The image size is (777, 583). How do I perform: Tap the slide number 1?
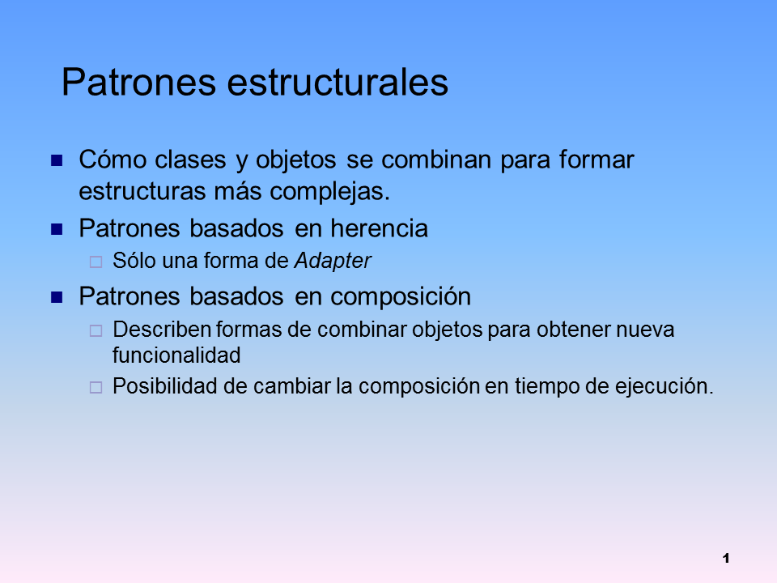tap(726, 558)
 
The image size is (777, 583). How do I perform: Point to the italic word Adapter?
tap(333, 261)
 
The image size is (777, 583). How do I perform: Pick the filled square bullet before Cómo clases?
tap(57, 160)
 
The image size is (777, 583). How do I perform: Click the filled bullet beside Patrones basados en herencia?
tap(57, 229)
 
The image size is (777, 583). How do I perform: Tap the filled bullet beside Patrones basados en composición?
tap(57, 297)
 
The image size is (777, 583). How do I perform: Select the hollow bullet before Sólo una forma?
tap(95, 262)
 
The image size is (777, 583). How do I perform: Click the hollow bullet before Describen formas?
tap(95, 330)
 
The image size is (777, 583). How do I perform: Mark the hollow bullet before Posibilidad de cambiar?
tap(95, 387)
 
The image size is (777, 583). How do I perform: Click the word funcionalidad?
tap(176, 355)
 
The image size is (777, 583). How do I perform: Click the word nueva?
tap(646, 330)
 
